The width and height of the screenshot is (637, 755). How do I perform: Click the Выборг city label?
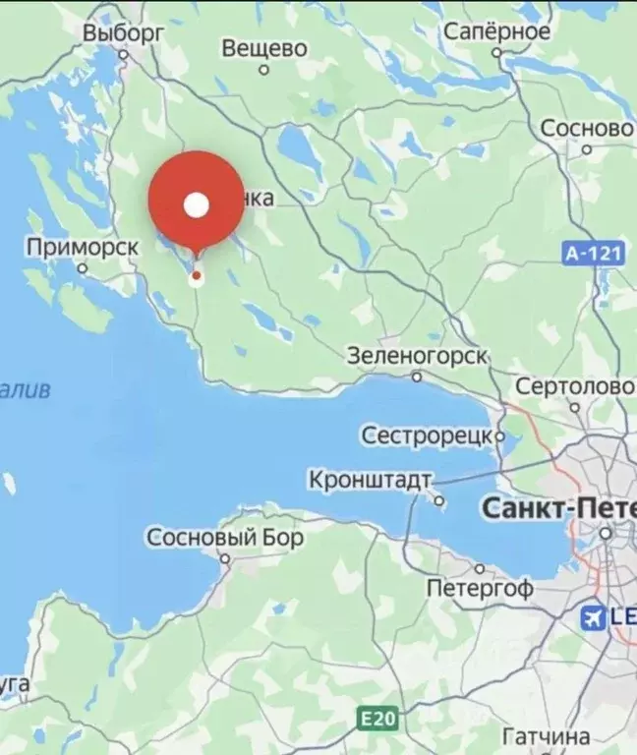click(123, 32)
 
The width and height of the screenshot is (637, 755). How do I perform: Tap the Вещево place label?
click(263, 48)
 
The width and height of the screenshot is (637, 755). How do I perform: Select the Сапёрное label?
click(496, 30)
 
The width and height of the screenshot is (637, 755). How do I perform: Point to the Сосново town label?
click(586, 129)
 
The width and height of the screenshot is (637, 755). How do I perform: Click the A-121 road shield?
click(594, 254)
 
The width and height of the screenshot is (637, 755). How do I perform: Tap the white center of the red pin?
click(197, 204)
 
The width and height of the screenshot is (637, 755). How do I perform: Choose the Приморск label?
click(84, 248)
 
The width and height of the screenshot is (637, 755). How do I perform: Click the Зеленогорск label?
click(417, 356)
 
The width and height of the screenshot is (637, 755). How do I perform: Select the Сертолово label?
click(575, 386)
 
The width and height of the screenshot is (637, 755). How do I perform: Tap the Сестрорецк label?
click(427, 436)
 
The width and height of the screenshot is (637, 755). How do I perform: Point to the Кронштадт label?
click(371, 481)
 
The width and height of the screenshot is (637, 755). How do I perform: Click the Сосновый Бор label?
click(225, 538)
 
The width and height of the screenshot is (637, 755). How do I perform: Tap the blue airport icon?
click(593, 617)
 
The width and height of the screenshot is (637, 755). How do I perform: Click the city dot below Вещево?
click(263, 70)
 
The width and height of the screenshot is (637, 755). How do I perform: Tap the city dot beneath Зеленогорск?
click(417, 376)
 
